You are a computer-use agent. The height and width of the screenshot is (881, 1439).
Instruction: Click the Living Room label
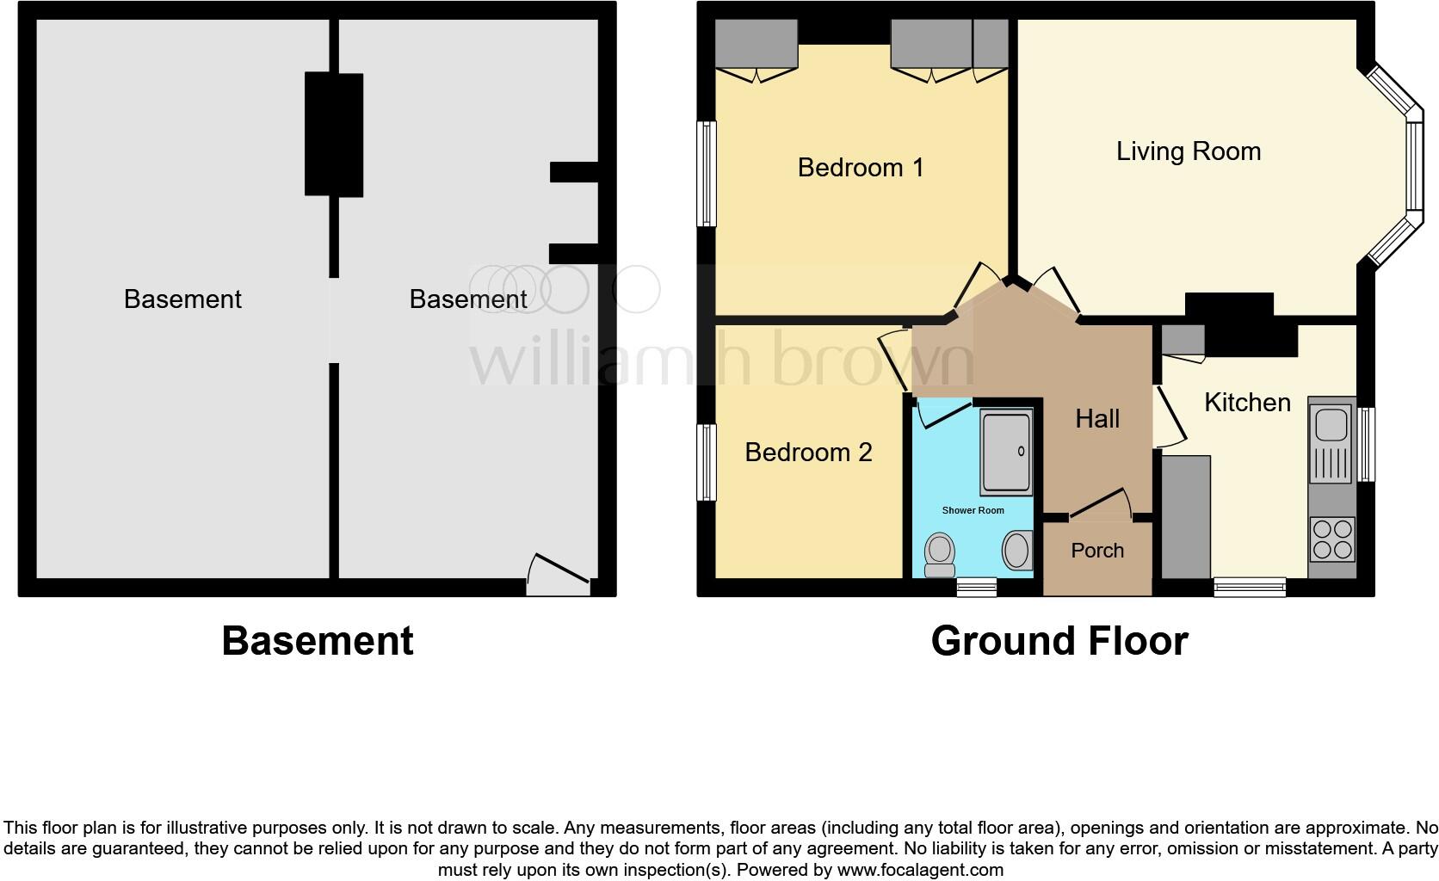pos(1188,151)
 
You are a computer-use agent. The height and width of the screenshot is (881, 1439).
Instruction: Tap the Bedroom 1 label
pos(860,167)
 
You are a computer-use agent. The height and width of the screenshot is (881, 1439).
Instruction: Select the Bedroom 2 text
pos(808,452)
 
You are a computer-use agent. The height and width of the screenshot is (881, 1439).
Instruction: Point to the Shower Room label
pos(973,510)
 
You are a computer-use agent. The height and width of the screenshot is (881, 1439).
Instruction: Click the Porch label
pos(1097,551)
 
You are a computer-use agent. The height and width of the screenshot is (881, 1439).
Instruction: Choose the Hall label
pos(1097,419)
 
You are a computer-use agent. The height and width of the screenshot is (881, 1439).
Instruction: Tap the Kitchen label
pos(1246,402)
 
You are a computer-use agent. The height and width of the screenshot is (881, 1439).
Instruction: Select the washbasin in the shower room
pos(1017,551)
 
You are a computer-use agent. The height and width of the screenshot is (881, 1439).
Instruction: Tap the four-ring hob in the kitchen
pos(1331,539)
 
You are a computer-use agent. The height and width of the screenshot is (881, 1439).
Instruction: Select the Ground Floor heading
pos(1059,641)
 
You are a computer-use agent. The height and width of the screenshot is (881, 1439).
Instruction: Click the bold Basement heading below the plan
pos(318,641)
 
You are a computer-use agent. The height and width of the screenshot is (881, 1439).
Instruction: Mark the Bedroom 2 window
pos(706,462)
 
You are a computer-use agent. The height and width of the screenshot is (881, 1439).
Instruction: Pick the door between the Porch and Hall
pos(1100,508)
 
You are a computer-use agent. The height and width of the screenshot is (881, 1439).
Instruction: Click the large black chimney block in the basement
pos(334,135)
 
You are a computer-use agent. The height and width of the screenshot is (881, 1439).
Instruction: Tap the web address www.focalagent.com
pos(919,870)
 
